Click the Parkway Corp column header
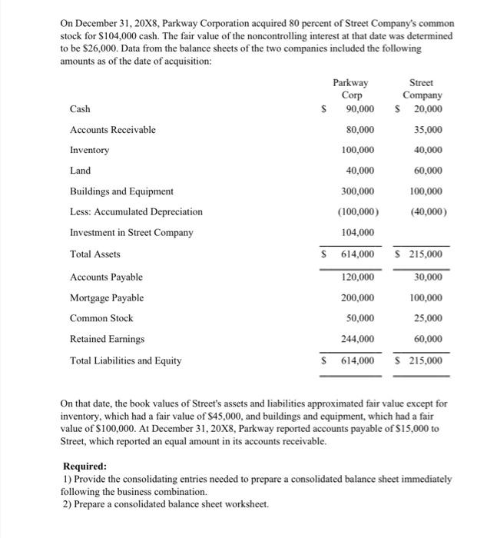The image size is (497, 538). [x=350, y=88]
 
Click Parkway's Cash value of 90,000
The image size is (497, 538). [x=359, y=109]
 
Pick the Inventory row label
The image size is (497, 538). [x=89, y=150]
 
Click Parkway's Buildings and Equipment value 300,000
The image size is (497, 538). [x=358, y=191]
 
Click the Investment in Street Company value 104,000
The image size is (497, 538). [x=358, y=233]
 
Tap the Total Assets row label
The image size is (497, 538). [x=94, y=254]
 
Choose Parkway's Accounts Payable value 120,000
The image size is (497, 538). [x=358, y=277]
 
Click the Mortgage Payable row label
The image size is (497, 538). [x=106, y=297]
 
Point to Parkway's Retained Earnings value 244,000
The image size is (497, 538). [x=358, y=339]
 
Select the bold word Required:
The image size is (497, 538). [x=84, y=466]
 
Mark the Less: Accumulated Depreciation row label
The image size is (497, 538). [x=136, y=211]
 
